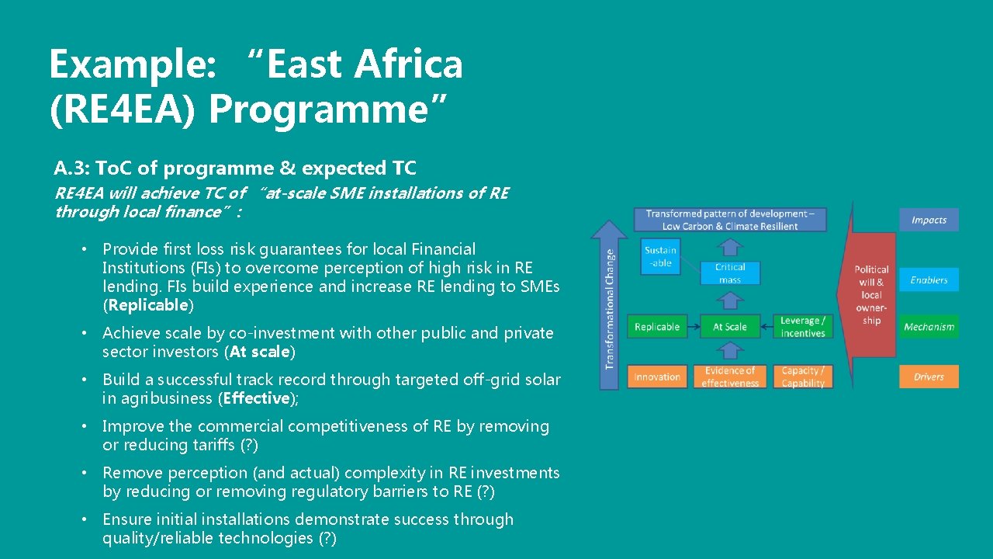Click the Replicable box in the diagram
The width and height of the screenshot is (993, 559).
(x=656, y=327)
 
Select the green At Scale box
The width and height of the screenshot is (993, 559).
(x=729, y=327)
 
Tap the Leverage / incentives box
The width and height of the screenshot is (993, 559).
(x=803, y=327)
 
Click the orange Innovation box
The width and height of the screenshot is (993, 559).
(x=656, y=377)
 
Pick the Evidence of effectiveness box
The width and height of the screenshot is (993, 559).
(x=729, y=377)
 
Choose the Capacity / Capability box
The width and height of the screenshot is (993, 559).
(x=803, y=377)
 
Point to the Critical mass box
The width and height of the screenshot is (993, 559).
(x=729, y=273)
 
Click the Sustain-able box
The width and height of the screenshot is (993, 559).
(x=660, y=256)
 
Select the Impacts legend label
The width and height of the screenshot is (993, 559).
(x=929, y=220)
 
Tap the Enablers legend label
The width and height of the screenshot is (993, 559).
(x=929, y=279)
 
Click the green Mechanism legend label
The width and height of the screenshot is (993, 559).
(x=929, y=327)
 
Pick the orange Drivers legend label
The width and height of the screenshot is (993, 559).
(x=929, y=377)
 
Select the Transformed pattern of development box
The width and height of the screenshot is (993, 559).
(x=729, y=220)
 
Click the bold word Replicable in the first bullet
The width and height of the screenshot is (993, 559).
(x=147, y=305)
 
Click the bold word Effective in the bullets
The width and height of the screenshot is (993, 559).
(x=255, y=398)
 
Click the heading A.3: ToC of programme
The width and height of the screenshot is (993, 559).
(x=235, y=168)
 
